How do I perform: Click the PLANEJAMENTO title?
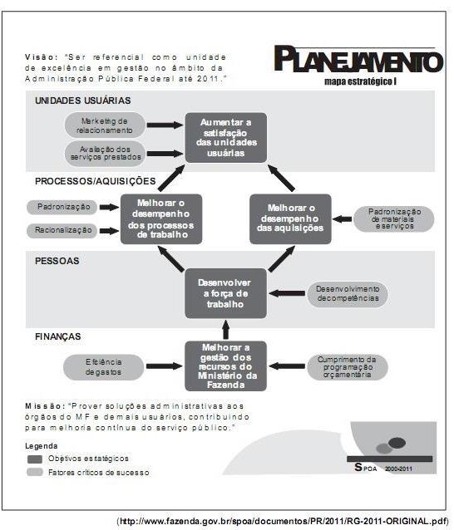point(358,60)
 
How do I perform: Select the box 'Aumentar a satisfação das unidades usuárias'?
point(225,138)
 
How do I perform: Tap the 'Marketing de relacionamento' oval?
point(105,125)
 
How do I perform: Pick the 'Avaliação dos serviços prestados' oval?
point(105,154)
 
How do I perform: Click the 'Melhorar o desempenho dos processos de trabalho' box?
point(161,219)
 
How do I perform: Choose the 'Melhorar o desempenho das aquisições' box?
point(290,219)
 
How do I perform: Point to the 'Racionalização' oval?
point(62,230)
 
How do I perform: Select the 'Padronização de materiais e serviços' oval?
point(394,219)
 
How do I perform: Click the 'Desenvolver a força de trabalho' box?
point(225,293)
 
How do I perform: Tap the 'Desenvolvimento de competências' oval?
point(348,294)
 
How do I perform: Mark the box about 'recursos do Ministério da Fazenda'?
point(225,366)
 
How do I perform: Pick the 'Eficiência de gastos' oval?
point(103,367)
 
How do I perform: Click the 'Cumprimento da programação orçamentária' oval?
point(348,367)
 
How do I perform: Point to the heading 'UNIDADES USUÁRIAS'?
point(83,101)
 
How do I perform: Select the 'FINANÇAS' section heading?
point(58,336)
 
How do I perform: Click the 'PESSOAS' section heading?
point(57,261)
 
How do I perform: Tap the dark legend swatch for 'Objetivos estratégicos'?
point(34,459)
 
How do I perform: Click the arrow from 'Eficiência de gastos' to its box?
point(165,366)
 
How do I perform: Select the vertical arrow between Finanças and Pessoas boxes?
point(225,330)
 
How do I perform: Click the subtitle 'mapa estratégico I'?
point(360,81)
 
